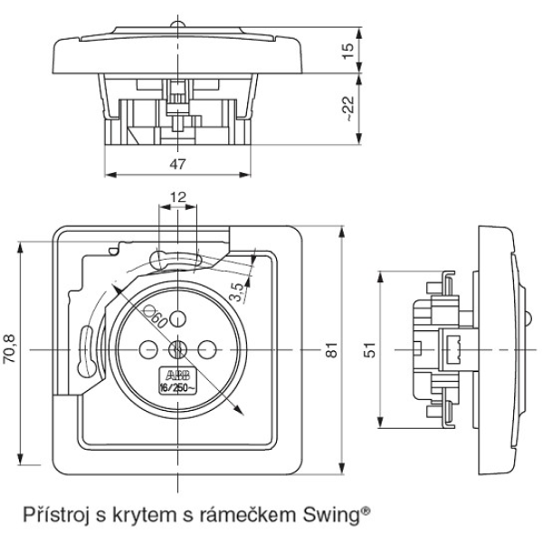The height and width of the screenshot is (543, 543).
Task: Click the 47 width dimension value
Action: (x=177, y=165)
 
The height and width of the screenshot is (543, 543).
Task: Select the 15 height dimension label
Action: (x=349, y=47)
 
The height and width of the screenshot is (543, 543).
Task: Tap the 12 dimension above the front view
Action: (x=177, y=196)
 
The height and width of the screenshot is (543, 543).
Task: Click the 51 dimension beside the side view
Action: (x=368, y=350)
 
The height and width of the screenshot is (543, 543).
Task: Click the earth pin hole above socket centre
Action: (x=177, y=317)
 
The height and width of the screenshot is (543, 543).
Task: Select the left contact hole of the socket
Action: (x=145, y=349)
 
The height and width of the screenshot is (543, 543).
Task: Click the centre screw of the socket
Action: (x=177, y=349)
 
